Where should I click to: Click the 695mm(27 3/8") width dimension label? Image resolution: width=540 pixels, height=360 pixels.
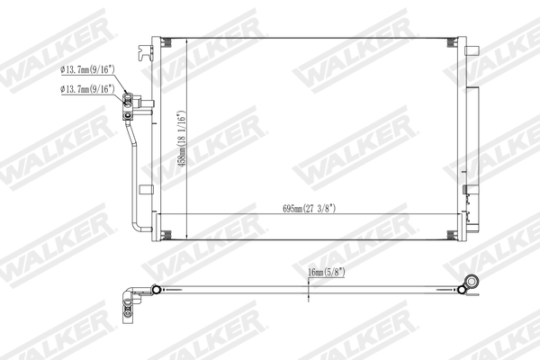[309, 208]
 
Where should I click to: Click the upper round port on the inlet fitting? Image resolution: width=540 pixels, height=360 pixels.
[130, 100]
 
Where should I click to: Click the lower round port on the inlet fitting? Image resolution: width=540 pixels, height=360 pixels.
[130, 113]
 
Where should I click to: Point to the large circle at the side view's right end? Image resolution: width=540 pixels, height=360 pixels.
[468, 283]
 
